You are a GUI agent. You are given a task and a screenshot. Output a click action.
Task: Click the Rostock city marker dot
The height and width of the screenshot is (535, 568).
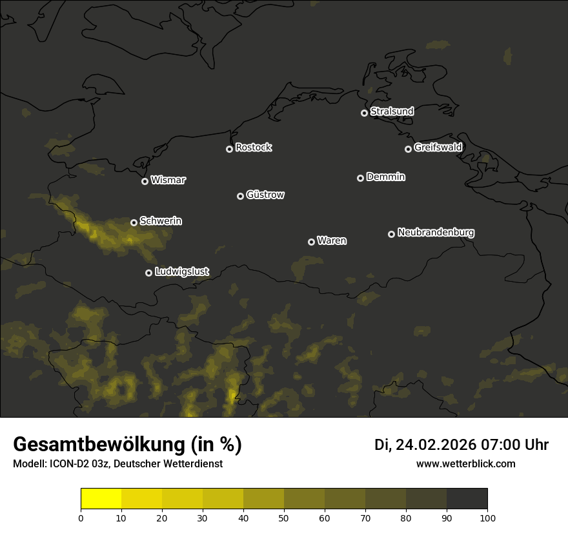(x=229, y=149)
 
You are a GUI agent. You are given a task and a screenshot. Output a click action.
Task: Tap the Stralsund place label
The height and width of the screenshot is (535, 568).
(x=392, y=112)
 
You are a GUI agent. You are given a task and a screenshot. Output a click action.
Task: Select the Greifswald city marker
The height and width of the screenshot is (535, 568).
(x=408, y=149)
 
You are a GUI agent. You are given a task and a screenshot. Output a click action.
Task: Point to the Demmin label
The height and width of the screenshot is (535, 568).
(x=385, y=177)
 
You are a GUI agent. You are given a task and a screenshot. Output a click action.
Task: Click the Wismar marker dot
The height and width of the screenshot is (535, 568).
(x=145, y=181)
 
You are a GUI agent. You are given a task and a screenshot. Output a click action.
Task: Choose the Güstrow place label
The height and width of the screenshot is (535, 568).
(x=265, y=195)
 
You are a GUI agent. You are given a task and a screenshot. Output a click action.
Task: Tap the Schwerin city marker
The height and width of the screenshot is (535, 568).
(x=134, y=222)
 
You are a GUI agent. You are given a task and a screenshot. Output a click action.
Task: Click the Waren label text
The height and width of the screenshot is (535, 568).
(x=332, y=240)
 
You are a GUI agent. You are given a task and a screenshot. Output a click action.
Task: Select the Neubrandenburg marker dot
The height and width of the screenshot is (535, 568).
(x=391, y=234)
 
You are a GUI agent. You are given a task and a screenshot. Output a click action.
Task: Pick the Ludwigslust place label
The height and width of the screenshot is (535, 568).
(x=182, y=271)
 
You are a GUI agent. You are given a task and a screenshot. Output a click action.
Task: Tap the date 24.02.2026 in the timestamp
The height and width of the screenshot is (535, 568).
(x=436, y=445)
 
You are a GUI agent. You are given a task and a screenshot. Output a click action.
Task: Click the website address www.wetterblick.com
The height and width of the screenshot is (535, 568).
(x=466, y=463)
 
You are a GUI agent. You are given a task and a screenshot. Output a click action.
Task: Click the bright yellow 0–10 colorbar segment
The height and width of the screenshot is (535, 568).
(x=101, y=499)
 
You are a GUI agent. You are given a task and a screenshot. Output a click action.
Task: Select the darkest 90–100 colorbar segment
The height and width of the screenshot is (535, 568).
(x=467, y=499)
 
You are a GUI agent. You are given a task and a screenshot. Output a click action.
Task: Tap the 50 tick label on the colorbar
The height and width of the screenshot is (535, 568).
(x=284, y=518)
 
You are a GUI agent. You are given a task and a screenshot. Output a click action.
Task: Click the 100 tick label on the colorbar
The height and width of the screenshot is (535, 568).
(x=487, y=518)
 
